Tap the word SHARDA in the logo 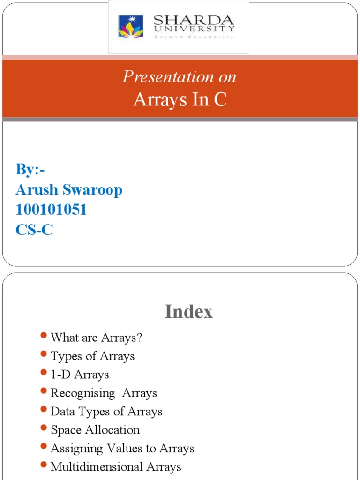pos(194,21)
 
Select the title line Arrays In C pos(180,99)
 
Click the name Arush pos(37,190)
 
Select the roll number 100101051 pos(51,210)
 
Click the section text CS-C pos(34,230)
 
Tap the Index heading pos(188,312)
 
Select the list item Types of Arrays pos(92,356)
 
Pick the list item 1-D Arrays pos(80,375)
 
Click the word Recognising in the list pos(82,393)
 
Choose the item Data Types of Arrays pos(106,412)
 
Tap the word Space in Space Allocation pos(66,430)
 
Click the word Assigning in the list pos(76,449)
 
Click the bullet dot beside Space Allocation pos(44,427)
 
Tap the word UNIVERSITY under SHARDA pos(194,29)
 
